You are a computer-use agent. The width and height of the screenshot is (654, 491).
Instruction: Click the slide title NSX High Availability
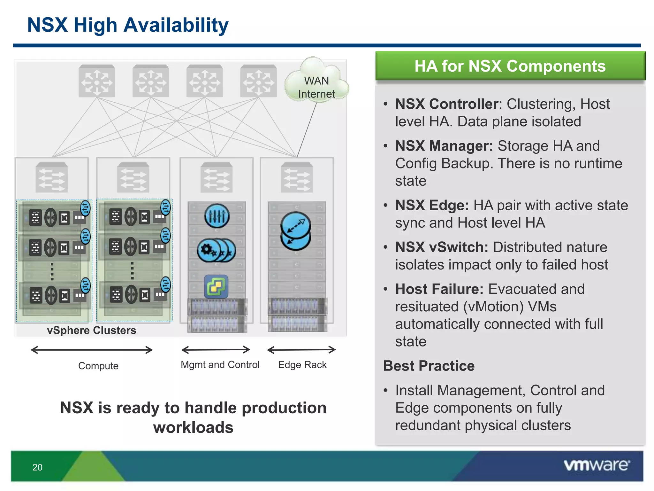tap(128, 25)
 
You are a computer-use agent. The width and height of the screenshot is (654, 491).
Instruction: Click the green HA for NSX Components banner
tap(510, 66)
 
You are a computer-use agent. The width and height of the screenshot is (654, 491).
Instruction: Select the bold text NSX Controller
tap(446, 104)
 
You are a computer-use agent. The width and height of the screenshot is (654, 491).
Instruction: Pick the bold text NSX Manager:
tap(444, 146)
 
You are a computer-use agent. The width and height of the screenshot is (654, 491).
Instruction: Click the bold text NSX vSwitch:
tap(442, 247)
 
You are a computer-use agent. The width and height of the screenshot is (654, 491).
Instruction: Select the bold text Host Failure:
tap(439, 289)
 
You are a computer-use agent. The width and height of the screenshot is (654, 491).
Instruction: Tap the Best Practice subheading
tap(429, 366)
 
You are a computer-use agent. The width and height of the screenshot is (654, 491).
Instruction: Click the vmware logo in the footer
tap(597, 465)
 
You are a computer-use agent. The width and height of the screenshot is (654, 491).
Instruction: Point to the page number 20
tap(37, 467)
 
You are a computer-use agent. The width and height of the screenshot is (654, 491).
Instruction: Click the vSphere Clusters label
tap(91, 330)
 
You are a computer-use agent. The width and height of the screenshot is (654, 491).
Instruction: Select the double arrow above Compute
tap(92, 350)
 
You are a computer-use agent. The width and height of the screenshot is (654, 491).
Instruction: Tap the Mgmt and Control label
tap(220, 365)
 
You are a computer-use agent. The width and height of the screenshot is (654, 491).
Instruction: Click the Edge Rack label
tap(302, 365)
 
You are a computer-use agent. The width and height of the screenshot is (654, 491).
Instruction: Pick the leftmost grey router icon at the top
tap(97, 81)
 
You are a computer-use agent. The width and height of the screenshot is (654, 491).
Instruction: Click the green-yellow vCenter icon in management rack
tap(216, 286)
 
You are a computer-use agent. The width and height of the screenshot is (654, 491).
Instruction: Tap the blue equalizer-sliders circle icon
tap(217, 216)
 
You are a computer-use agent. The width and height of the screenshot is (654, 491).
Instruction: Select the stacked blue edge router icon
tap(296, 231)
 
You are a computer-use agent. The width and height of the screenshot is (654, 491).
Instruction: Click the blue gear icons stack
tap(216, 250)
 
